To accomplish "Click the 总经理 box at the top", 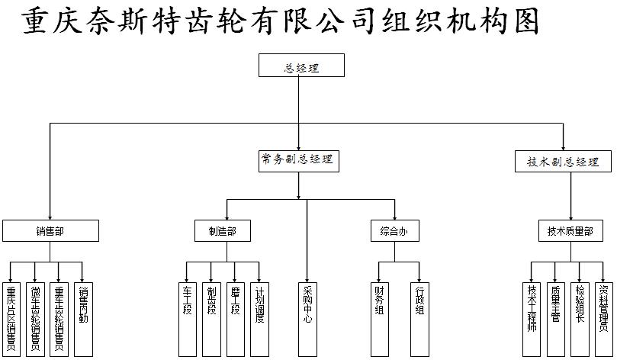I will click(301, 66).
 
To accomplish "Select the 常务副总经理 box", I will click(297, 160).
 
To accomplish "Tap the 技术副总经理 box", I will click(563, 162).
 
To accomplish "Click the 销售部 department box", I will click(50, 230).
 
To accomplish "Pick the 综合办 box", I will click(394, 230).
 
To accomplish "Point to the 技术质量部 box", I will click(569, 230).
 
